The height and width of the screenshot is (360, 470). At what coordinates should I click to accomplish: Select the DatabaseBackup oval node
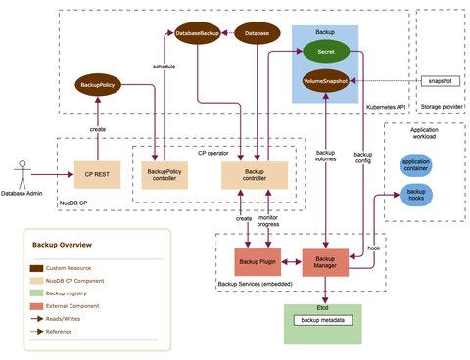point(196,32)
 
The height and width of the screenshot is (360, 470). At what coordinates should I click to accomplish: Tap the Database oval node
point(257,32)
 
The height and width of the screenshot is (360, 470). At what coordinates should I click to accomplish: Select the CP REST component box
point(95,174)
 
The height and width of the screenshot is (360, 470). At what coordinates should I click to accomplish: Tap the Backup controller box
point(257,174)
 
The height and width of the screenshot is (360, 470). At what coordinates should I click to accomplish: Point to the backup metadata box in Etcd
point(325,321)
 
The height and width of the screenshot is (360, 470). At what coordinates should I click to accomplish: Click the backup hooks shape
point(416,196)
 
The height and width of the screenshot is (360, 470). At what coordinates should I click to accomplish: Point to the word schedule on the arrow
point(164,67)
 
